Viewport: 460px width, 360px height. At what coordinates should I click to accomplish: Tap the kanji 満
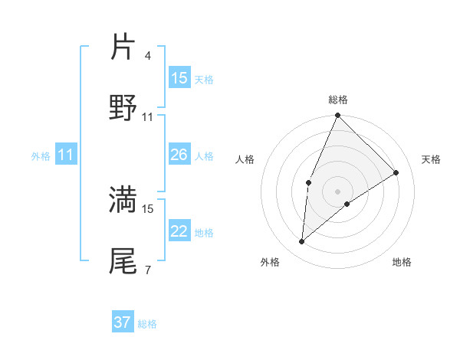(123, 198)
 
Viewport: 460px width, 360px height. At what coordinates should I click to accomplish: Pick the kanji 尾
(123, 260)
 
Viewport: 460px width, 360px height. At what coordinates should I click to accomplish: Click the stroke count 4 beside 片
(148, 56)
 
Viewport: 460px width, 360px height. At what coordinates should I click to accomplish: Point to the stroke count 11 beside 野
(148, 116)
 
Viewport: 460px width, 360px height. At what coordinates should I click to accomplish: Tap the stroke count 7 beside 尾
(148, 270)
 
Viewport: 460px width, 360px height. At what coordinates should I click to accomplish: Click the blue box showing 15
(179, 78)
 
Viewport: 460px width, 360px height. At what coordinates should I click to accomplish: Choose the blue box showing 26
(179, 155)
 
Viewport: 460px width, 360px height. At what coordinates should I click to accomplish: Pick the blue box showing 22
(179, 231)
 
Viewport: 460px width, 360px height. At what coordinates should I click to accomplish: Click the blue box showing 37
(123, 322)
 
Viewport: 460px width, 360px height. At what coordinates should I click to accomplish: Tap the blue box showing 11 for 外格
(66, 155)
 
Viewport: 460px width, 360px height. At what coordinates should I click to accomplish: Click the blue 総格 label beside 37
(147, 324)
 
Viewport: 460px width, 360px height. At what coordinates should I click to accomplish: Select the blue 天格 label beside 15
(204, 79)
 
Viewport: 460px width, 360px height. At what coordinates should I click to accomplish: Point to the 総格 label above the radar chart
(338, 100)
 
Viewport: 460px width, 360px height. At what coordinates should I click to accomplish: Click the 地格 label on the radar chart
(402, 262)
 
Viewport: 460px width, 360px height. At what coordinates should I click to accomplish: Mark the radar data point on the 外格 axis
(302, 242)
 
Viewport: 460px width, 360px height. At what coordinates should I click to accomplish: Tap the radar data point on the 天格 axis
(396, 172)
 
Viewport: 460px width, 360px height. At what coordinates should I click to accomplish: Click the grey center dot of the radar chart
(337, 191)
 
